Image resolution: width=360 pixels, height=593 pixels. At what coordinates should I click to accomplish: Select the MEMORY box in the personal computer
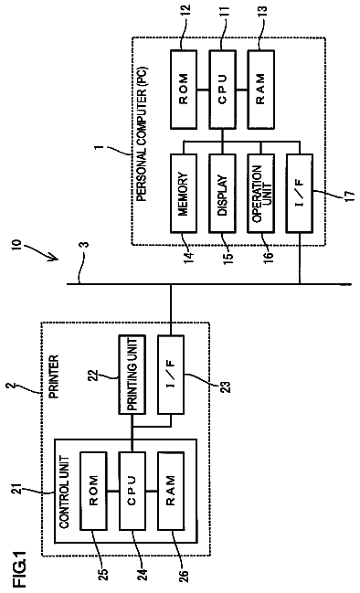(x=184, y=193)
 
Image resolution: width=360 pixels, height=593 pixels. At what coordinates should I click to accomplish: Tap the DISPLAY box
(x=222, y=193)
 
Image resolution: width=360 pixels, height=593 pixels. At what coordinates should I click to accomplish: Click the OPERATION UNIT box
(x=261, y=193)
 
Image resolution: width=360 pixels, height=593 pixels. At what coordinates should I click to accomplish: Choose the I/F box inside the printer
(x=171, y=375)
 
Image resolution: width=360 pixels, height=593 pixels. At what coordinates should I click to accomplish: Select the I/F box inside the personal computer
(x=300, y=193)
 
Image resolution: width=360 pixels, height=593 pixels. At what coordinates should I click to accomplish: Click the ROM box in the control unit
(x=93, y=491)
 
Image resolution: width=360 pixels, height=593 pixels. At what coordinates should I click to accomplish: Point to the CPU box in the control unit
(x=132, y=491)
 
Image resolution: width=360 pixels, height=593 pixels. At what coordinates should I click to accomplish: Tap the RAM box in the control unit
(x=171, y=491)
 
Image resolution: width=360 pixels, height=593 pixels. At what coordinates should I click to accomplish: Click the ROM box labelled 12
(x=184, y=90)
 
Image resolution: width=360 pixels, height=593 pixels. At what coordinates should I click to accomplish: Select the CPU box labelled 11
(x=222, y=90)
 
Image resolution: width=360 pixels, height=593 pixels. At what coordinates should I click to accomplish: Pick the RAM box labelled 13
(x=261, y=90)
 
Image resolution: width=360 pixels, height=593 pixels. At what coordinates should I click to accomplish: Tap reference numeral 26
(x=183, y=573)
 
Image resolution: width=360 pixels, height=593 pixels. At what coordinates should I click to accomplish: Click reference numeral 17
(x=351, y=196)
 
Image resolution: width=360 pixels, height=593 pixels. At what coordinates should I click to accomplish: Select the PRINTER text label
(x=54, y=376)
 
